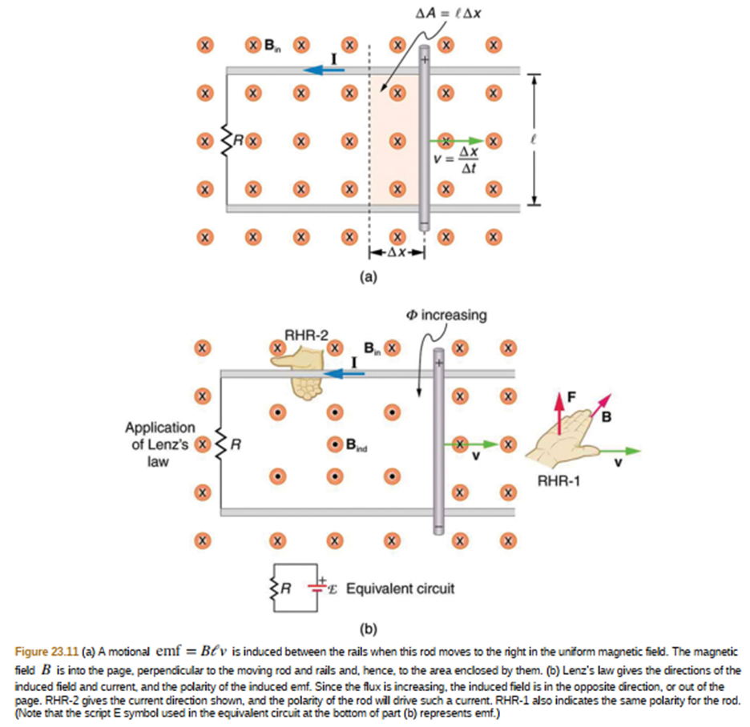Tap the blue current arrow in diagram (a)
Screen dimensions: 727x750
325,70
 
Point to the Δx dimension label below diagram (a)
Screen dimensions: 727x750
396,251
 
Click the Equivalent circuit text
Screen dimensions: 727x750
399,589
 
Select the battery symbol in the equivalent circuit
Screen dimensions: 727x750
321,587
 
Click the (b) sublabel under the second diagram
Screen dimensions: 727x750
369,627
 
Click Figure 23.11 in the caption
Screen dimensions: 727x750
46,648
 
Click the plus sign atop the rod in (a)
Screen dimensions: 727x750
425,60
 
